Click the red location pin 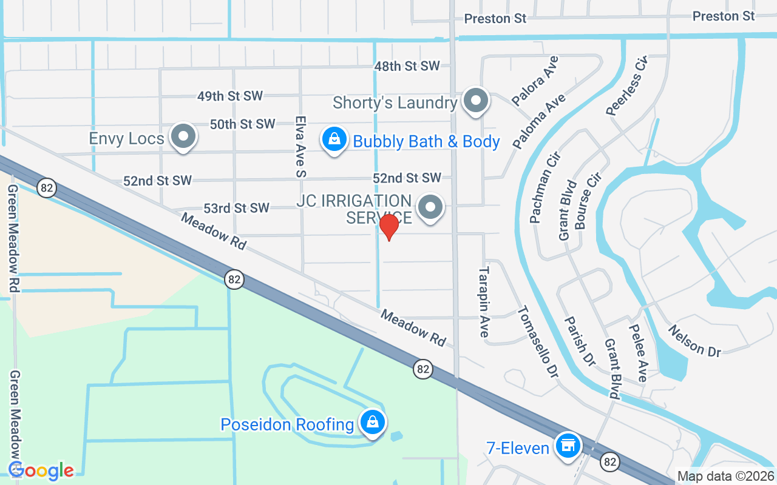(388, 227)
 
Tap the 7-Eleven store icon (568, 446)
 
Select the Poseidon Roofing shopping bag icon (373, 422)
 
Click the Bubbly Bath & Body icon (334, 139)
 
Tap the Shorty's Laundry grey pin (476, 101)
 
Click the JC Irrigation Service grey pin (430, 207)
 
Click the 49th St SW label (230, 96)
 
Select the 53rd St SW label (236, 208)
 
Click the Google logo (41, 471)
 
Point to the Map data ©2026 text (725, 476)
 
